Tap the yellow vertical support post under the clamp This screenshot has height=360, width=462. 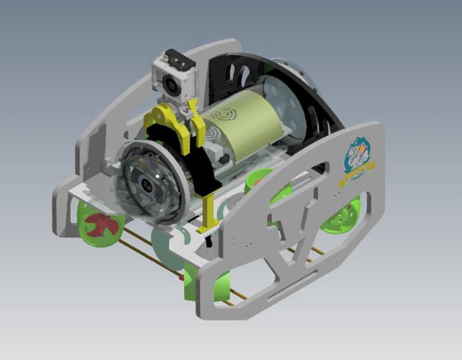click(x=209, y=206)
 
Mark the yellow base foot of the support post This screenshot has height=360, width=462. click(x=208, y=229)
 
